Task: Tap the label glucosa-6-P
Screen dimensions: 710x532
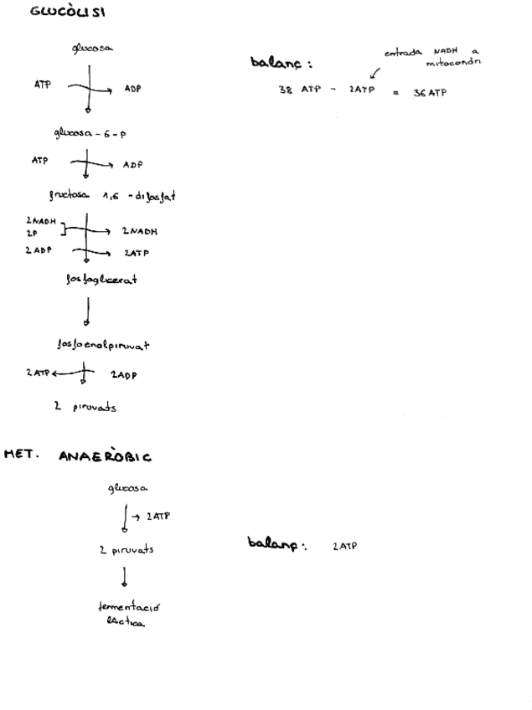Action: (90, 133)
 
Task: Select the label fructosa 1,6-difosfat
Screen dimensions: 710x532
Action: (111, 196)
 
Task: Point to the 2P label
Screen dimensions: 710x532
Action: (32, 234)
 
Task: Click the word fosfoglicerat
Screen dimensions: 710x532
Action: (101, 280)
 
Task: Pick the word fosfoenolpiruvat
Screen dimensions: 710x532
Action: (102, 344)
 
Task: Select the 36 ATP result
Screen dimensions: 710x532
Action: (430, 92)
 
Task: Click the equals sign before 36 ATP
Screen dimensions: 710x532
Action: (395, 92)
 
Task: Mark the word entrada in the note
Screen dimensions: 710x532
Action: (403, 53)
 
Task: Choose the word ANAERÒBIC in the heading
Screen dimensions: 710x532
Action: (105, 457)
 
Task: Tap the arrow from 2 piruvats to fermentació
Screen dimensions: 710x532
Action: (125, 577)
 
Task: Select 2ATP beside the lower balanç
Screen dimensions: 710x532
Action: (344, 547)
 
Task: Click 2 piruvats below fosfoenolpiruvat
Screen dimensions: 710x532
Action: (85, 408)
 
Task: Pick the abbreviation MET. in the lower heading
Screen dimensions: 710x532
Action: (22, 455)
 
